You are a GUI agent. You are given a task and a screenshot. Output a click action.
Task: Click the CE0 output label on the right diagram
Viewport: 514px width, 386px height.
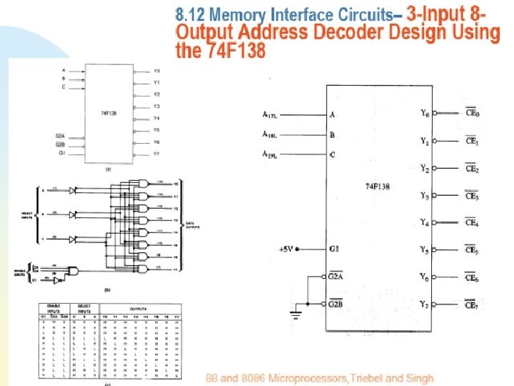tap(472, 113)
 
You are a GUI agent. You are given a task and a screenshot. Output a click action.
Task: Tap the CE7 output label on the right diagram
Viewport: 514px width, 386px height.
tap(472, 306)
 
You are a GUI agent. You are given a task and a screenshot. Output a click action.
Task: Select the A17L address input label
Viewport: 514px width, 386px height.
tap(274, 114)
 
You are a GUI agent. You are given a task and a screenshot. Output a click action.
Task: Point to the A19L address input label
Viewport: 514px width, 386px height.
tap(274, 154)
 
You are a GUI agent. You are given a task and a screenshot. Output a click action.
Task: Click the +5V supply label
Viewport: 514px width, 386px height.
tap(286, 249)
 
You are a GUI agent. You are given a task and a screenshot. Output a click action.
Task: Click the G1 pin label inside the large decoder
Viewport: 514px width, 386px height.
tap(334, 249)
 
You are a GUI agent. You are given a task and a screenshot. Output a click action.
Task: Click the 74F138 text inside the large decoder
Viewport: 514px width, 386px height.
tap(378, 187)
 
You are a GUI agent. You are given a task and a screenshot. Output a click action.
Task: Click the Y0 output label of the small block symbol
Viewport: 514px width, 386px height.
tap(157, 71)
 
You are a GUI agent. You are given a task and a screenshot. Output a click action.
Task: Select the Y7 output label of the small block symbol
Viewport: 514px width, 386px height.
tap(157, 154)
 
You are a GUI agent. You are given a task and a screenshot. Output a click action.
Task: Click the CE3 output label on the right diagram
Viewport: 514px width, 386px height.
tap(472, 196)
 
